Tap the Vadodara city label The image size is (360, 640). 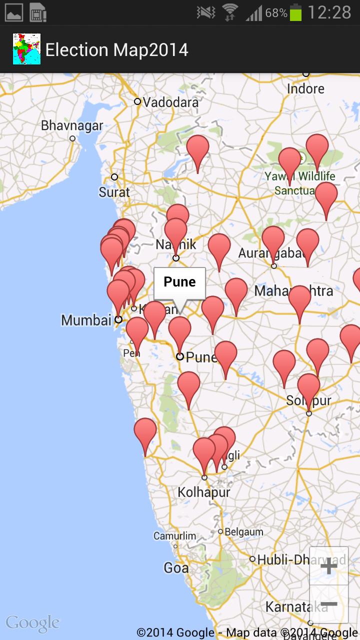pyautogui.click(x=170, y=102)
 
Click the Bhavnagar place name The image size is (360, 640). pyautogui.click(x=72, y=125)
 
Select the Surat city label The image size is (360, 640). pyautogui.click(x=114, y=192)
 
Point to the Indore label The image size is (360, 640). pyautogui.click(x=305, y=89)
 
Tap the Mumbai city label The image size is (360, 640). pyautogui.click(x=86, y=320)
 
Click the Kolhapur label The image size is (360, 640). pyautogui.click(x=204, y=492)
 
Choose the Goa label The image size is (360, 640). pyautogui.click(x=176, y=568)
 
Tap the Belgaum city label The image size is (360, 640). pyautogui.click(x=243, y=532)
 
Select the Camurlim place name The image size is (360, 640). pyautogui.click(x=174, y=536)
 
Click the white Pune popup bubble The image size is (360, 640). pyautogui.click(x=179, y=282)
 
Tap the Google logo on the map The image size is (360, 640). pyautogui.click(x=32, y=623)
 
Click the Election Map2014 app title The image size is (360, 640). pyautogui.click(x=116, y=50)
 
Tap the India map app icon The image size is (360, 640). pyautogui.click(x=26, y=49)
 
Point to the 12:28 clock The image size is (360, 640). pyautogui.click(x=329, y=12)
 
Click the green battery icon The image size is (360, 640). pyautogui.click(x=296, y=12)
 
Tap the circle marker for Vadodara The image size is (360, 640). pyautogui.click(x=137, y=101)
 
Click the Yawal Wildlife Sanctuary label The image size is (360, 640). pyautogui.click(x=300, y=183)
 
